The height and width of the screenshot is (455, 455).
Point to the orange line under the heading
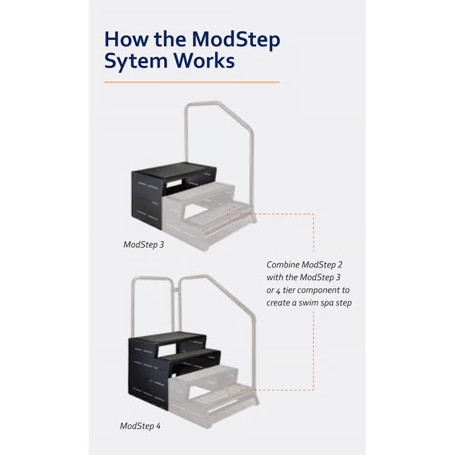[x=192, y=82]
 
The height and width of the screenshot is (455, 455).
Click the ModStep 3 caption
[x=144, y=245]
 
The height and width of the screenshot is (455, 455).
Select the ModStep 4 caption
[x=140, y=426]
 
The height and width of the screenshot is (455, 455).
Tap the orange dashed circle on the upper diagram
[x=234, y=214]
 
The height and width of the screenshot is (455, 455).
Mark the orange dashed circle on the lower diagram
[x=234, y=390]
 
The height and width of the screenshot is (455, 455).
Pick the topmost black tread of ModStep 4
[x=171, y=338]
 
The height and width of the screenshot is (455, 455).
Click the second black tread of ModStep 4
[x=197, y=354]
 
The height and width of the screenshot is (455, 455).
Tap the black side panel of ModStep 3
[x=146, y=201]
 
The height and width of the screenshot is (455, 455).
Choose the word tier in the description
[x=289, y=290]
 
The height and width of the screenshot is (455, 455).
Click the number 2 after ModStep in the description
[x=340, y=265]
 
